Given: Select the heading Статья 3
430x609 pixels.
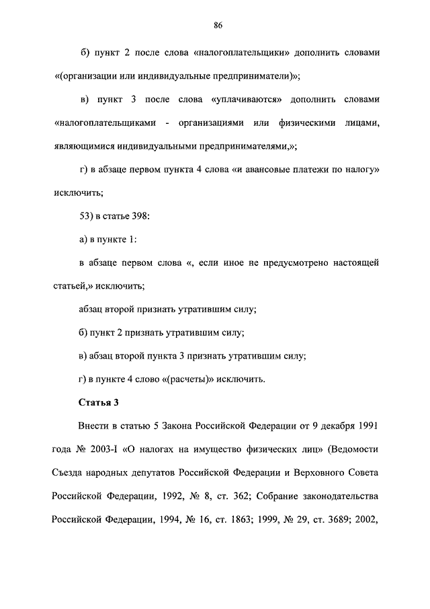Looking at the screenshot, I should [99, 404].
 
